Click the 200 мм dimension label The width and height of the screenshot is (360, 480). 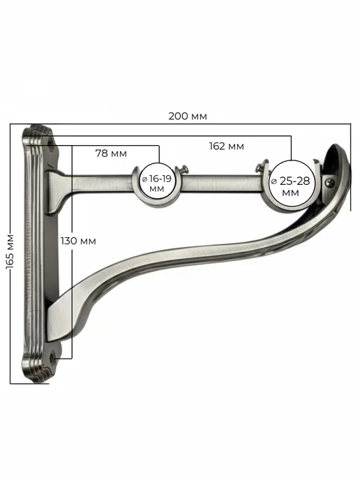point(188,117)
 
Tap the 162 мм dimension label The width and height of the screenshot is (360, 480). point(227,147)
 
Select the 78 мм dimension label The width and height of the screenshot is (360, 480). point(111,153)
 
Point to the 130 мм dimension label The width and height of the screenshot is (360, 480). point(78,241)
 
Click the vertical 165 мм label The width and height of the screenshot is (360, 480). point(10,252)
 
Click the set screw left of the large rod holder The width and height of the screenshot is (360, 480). point(260,167)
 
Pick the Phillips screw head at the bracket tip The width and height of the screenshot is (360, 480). point(330,183)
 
